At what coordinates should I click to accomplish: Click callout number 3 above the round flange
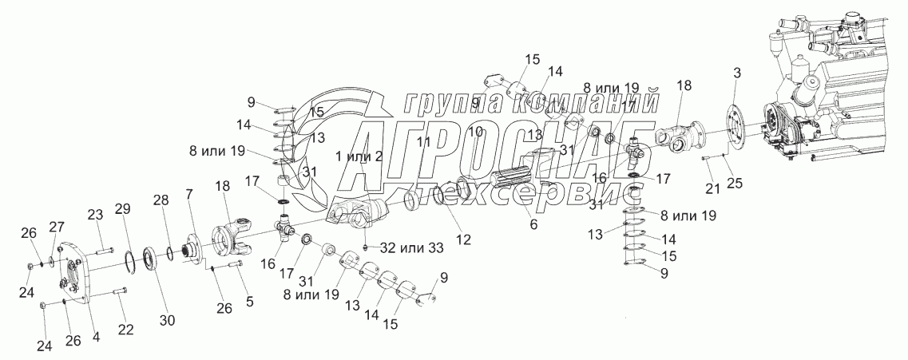click(737, 73)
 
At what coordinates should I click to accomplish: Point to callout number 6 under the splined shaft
click(533, 225)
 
